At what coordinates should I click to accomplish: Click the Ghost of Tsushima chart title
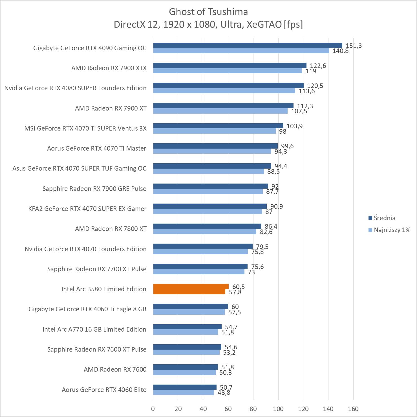(208, 12)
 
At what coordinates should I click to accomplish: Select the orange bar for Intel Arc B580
(191, 289)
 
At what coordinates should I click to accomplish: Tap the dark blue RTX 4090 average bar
(248, 45)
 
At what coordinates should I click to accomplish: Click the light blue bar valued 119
(228, 71)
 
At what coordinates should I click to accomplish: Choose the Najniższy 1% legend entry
(392, 230)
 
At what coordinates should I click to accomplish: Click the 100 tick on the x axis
(278, 409)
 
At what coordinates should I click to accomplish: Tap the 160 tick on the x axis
(353, 409)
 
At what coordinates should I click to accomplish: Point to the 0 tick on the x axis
(153, 409)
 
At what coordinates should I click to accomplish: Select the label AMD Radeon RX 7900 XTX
(109, 68)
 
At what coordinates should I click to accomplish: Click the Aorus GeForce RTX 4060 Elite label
(104, 390)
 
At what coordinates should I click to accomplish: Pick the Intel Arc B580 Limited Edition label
(104, 289)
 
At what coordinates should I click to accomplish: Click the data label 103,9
(294, 126)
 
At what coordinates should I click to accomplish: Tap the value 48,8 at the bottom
(224, 392)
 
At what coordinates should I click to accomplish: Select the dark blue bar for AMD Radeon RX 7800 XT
(207, 226)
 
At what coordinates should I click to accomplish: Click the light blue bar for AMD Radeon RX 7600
(184, 372)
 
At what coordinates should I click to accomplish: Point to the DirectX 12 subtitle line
(208, 25)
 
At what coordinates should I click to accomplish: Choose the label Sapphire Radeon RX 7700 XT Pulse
(97, 269)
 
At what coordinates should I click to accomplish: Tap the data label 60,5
(239, 287)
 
